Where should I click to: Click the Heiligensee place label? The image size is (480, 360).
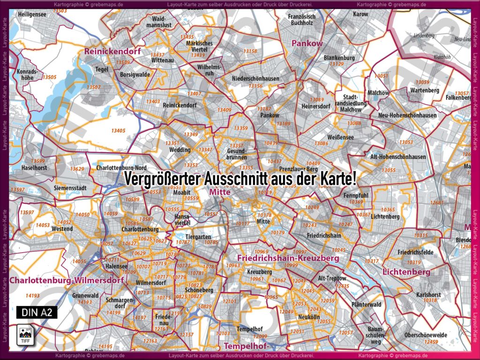(32, 15)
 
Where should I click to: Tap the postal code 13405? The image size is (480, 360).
(118, 131)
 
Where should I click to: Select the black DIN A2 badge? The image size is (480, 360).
(37, 312)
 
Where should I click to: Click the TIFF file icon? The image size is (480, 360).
(24, 335)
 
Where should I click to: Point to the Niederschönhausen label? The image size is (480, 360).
(255, 79)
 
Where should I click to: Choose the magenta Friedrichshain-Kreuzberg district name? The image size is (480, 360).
(288, 258)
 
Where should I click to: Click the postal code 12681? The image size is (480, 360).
(436, 203)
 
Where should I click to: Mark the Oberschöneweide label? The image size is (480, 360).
(426, 335)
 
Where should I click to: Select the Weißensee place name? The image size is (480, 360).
(341, 137)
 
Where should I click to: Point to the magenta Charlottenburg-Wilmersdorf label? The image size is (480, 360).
(66, 280)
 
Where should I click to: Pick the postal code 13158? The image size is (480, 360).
(250, 51)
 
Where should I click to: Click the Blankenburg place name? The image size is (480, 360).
(339, 58)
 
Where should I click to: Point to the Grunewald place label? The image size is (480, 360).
(85, 296)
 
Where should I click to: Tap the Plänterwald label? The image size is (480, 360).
(366, 305)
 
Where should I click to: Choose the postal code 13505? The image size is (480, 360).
(49, 77)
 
